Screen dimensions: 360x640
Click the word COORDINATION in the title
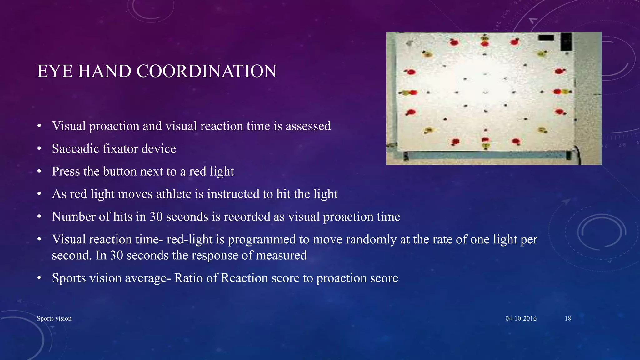(207, 71)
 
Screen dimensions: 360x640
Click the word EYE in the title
(55, 71)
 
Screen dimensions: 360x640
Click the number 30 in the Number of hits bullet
(156, 217)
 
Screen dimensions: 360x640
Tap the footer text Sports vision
(54, 318)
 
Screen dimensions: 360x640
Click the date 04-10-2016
(521, 318)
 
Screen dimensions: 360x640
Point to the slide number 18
(568, 318)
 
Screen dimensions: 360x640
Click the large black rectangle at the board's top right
(566, 42)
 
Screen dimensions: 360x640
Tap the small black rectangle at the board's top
(546, 38)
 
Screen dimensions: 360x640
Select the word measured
(281, 256)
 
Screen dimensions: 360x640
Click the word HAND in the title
(104, 71)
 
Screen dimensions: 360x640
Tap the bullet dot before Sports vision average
(39, 278)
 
